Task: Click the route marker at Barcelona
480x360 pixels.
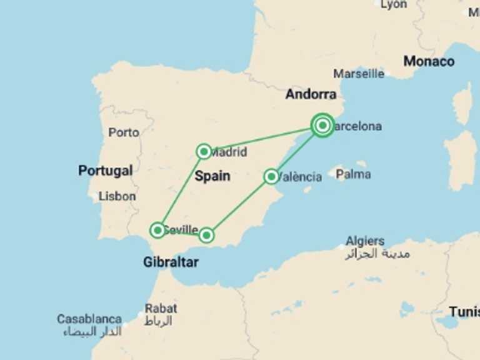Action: click(322, 126)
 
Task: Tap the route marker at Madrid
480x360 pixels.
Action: click(204, 151)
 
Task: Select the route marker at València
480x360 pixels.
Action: click(271, 176)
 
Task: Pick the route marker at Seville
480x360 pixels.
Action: click(158, 230)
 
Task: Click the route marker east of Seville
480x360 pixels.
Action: click(206, 235)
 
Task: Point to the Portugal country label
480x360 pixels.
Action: click(105, 171)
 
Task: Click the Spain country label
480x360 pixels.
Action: click(212, 176)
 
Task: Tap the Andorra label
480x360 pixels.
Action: click(311, 94)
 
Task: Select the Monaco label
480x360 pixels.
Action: click(429, 61)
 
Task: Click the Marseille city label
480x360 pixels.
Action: click(359, 74)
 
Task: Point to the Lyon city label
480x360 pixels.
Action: click(393, 5)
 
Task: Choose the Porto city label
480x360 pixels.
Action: click(124, 132)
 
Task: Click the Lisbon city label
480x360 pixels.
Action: click(117, 196)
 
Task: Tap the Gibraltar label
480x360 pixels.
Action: click(171, 262)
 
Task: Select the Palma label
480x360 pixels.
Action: click(353, 174)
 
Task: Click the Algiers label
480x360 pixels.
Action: click(366, 241)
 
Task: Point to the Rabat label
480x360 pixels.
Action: click(161, 308)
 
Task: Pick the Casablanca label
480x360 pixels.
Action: click(89, 319)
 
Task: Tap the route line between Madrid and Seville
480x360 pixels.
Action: click(181, 190)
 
